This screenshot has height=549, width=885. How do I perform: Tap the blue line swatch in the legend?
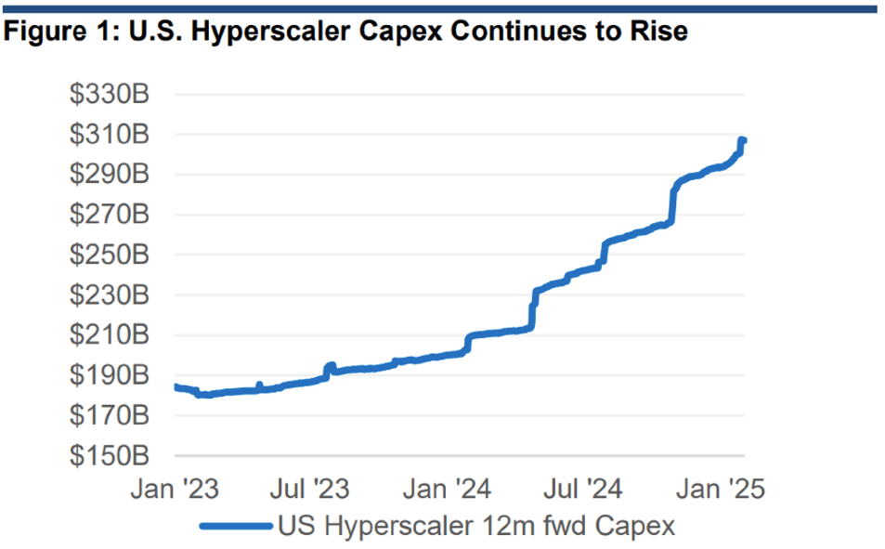[x=237, y=526]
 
